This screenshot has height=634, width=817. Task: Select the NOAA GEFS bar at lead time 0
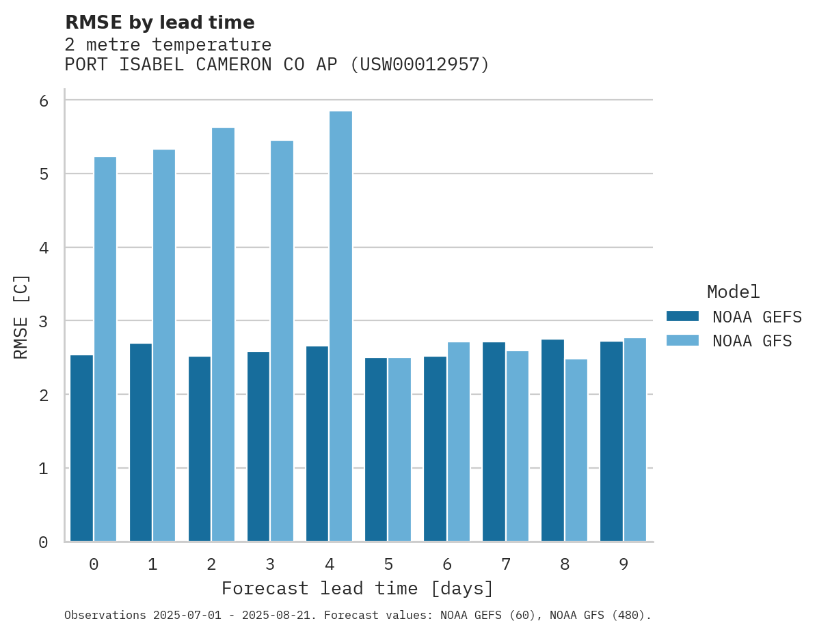click(81, 448)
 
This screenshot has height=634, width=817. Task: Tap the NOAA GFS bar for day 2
click(223, 334)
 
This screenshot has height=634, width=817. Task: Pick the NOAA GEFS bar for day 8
click(552, 440)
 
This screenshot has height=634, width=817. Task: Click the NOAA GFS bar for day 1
click(164, 345)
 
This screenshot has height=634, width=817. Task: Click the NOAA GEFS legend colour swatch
click(682, 316)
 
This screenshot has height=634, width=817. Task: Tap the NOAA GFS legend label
click(752, 341)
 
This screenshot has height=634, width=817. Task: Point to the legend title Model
click(733, 292)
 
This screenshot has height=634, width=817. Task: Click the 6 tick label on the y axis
click(43, 100)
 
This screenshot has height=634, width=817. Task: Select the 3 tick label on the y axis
click(43, 321)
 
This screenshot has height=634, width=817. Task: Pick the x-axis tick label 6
click(447, 564)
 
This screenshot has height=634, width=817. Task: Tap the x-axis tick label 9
click(624, 564)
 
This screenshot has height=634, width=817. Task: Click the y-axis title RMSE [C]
click(22, 316)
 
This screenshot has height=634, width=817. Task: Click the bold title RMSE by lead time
click(159, 23)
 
